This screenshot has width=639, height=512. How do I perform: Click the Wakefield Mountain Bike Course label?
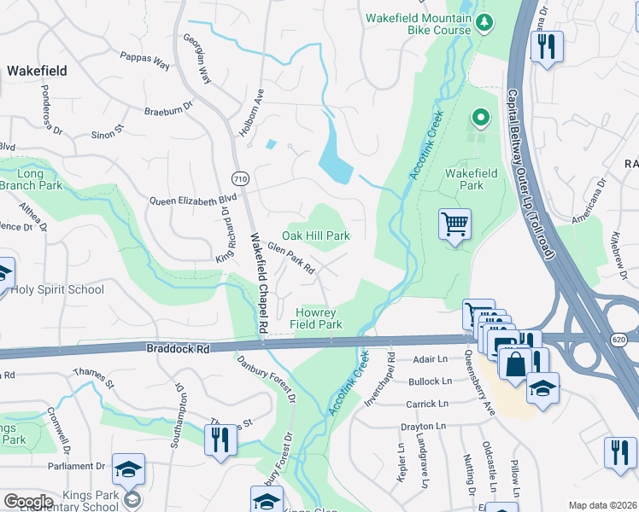(x=419, y=24)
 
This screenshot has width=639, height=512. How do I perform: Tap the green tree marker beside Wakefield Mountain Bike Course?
(x=485, y=21)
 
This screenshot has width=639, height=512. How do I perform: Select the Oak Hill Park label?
(x=317, y=236)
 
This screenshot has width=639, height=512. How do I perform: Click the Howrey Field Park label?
(x=319, y=318)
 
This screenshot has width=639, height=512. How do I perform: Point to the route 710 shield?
(x=240, y=177)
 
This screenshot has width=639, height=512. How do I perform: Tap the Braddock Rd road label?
(x=177, y=348)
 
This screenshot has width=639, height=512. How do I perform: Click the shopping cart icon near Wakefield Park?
(x=454, y=225)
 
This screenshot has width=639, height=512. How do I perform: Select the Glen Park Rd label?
(x=291, y=258)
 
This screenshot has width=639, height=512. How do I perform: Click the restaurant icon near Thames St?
(x=220, y=439)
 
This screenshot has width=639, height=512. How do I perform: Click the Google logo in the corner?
(x=27, y=501)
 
